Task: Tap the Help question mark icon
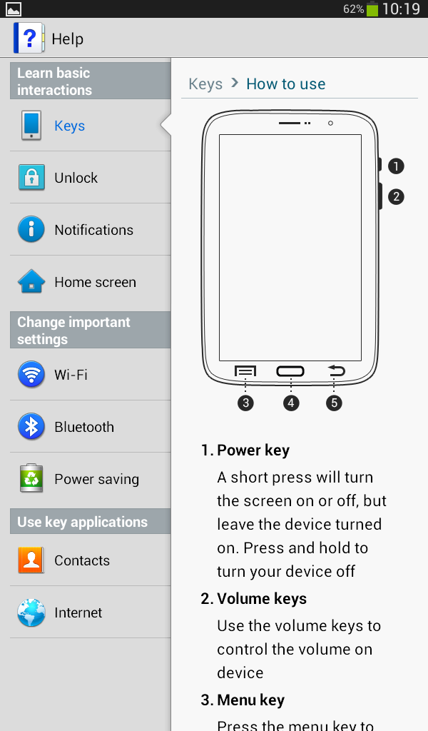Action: pos(29,38)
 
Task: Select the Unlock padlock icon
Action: pos(31,177)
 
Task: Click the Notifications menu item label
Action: pos(93,230)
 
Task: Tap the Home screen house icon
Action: pos(31,281)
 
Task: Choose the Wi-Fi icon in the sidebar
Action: pos(31,374)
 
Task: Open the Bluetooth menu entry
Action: pos(84,427)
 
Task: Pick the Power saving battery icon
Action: pos(31,478)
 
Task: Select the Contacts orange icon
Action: pos(31,560)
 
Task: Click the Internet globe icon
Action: pos(31,612)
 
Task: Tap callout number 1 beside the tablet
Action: pos(396,166)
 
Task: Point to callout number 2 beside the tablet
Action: pos(396,196)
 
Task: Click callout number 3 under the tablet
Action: pos(245,403)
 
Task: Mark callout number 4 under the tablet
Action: pos(291,403)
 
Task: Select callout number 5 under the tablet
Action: pos(334,403)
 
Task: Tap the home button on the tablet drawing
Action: pos(290,371)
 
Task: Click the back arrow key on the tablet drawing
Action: pos(336,370)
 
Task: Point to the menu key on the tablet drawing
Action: pos(245,371)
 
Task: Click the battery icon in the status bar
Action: pos(372,9)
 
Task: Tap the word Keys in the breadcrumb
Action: pos(205,84)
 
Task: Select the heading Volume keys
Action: pos(262,599)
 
